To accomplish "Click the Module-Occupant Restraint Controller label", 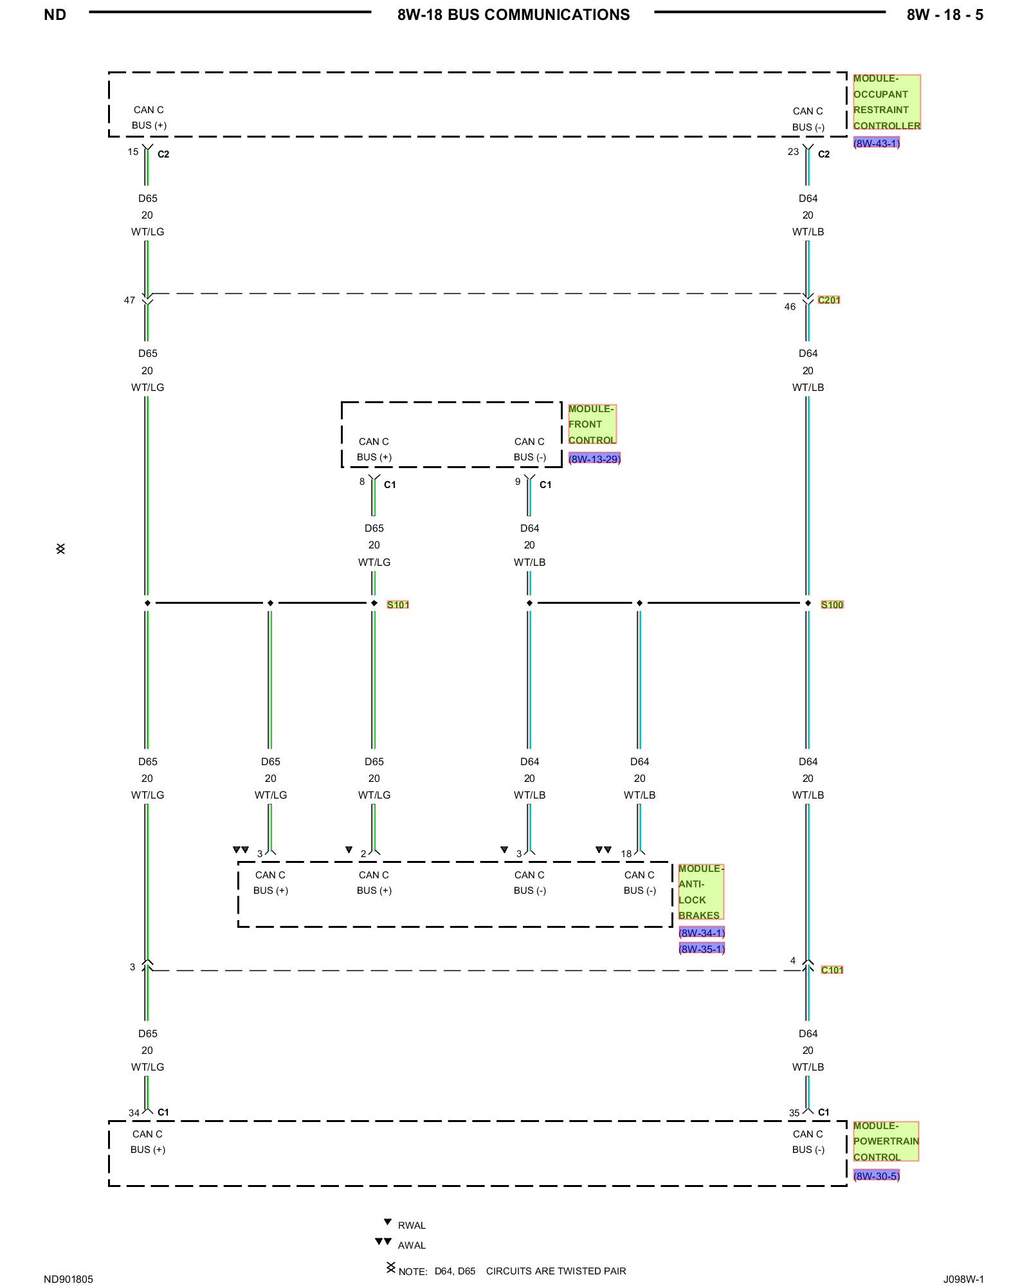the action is click(887, 102).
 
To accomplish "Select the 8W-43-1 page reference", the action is click(876, 143).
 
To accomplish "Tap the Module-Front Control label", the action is click(592, 424).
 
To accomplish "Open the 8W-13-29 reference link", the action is click(594, 459).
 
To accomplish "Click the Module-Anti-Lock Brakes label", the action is click(701, 892).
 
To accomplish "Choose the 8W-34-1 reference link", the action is click(702, 933).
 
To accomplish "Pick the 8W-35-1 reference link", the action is click(702, 949).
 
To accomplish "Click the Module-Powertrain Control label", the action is click(886, 1141).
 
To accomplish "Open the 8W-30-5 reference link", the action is click(876, 1176).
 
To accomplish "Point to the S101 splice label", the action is click(398, 605).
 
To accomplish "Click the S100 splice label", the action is click(832, 605).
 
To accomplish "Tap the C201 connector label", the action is click(829, 300).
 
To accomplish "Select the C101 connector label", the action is click(832, 970).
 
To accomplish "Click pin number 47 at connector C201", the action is click(130, 300).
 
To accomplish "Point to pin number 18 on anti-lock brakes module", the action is click(626, 854).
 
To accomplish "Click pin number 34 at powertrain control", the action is click(134, 1113).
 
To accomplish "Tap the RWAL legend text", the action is click(412, 1226).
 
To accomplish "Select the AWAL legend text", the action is click(412, 1245).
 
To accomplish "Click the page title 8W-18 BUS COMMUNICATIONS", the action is click(513, 15).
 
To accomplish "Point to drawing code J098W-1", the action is click(963, 1280).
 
